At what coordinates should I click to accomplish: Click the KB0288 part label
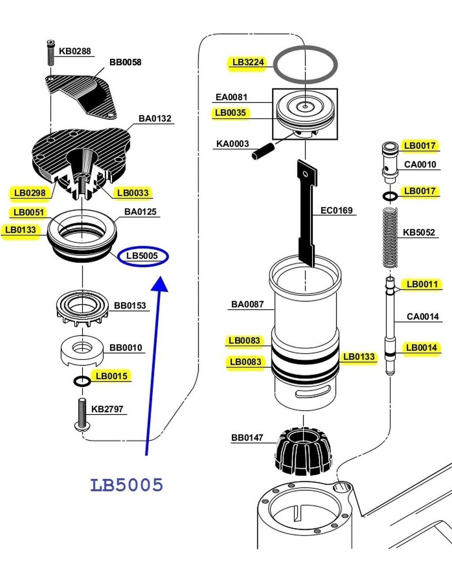[x=75, y=51]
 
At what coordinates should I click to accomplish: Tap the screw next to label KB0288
[x=51, y=52]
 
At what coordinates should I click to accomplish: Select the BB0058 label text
[x=125, y=62]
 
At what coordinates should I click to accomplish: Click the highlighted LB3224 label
[x=248, y=62]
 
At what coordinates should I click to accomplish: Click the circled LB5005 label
[x=143, y=256]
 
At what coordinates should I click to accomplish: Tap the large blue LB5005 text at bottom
[x=127, y=485]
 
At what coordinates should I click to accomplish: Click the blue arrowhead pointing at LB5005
[x=160, y=284]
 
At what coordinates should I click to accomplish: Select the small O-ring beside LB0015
[x=82, y=381]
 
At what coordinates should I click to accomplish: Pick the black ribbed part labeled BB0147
[x=303, y=450]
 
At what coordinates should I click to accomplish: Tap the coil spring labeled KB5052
[x=389, y=238]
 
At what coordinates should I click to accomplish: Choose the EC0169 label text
[x=336, y=210]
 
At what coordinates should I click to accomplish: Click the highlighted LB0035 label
[x=230, y=113]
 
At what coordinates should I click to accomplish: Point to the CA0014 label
[x=422, y=316]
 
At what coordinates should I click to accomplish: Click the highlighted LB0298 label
[x=30, y=193]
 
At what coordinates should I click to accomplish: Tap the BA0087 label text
[x=247, y=304]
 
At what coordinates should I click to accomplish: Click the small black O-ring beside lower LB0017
[x=390, y=195]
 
